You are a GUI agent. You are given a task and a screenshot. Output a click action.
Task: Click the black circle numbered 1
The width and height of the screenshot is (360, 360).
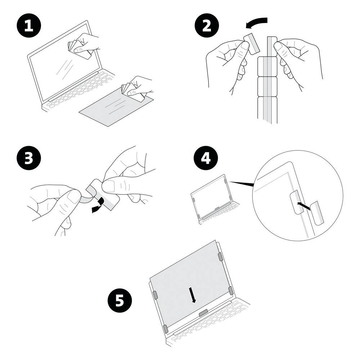(29, 26)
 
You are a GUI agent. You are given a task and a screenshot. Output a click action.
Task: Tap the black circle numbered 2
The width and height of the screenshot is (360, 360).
(207, 26)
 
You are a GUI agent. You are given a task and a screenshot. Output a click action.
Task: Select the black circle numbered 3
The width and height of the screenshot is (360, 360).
(29, 158)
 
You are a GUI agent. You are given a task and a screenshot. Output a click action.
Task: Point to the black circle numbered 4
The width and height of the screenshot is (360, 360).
(206, 158)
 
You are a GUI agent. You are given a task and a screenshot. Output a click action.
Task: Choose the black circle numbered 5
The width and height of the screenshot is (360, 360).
(120, 300)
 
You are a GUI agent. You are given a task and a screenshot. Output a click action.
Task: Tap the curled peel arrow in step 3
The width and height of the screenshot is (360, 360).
(99, 205)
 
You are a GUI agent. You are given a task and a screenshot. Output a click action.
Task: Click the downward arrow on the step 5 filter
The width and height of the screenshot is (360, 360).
(192, 295)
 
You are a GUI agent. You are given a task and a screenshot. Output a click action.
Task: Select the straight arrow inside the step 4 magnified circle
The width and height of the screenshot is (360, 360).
(304, 206)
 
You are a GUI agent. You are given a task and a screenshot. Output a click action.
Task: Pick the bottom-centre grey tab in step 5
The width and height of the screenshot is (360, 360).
(203, 313)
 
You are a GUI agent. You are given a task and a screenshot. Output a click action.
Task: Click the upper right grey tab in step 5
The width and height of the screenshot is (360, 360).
(220, 256)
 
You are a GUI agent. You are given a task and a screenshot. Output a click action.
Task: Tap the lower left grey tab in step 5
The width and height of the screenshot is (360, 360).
(166, 329)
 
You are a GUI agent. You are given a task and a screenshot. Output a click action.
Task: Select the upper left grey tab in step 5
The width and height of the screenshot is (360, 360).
(155, 295)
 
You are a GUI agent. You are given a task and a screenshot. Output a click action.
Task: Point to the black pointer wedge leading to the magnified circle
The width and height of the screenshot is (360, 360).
(242, 184)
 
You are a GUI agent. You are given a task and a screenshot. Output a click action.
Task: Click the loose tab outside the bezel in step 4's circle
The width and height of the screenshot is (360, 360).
(317, 213)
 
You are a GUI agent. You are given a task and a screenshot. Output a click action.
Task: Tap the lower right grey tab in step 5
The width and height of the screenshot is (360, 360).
(230, 291)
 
